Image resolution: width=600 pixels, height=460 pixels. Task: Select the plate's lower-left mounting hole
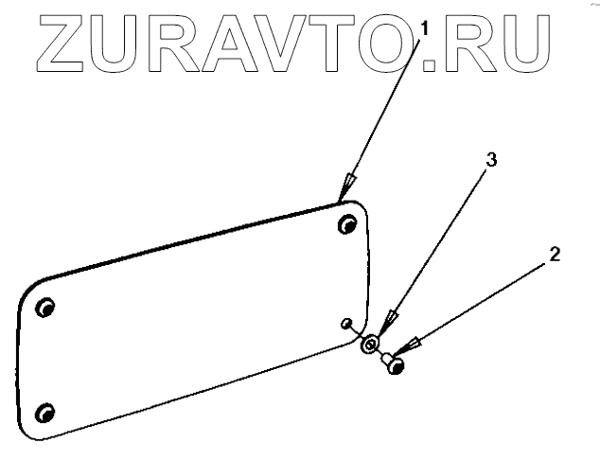pos(43,412)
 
